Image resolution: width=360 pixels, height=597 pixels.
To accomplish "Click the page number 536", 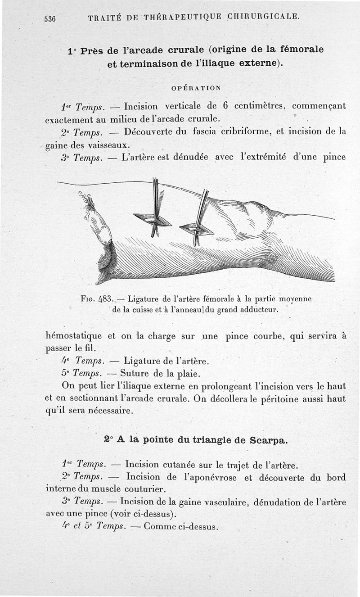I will (x=49, y=18).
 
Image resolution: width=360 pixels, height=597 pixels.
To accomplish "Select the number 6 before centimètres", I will (x=225, y=107).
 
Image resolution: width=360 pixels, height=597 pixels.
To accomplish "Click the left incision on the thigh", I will (x=153, y=219).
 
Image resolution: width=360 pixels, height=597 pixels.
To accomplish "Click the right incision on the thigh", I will (x=197, y=229).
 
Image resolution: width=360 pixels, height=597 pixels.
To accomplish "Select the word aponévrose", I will (x=211, y=477).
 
